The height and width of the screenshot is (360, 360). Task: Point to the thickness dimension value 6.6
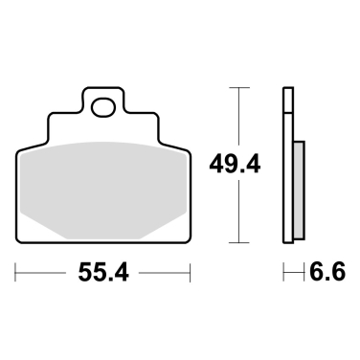[322, 274]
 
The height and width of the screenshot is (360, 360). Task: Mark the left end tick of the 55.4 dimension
[17, 273]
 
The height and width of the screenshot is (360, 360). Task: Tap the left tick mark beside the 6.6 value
[284, 273]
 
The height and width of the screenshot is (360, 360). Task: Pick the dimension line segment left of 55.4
[43, 274]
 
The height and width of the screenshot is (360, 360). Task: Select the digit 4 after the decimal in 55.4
[123, 274]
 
